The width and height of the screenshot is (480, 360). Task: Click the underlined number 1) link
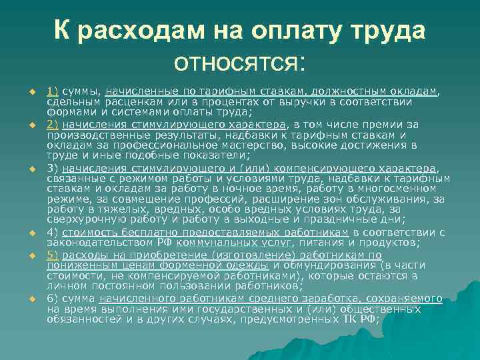coord(53,91)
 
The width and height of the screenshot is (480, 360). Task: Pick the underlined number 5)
coord(53,255)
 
